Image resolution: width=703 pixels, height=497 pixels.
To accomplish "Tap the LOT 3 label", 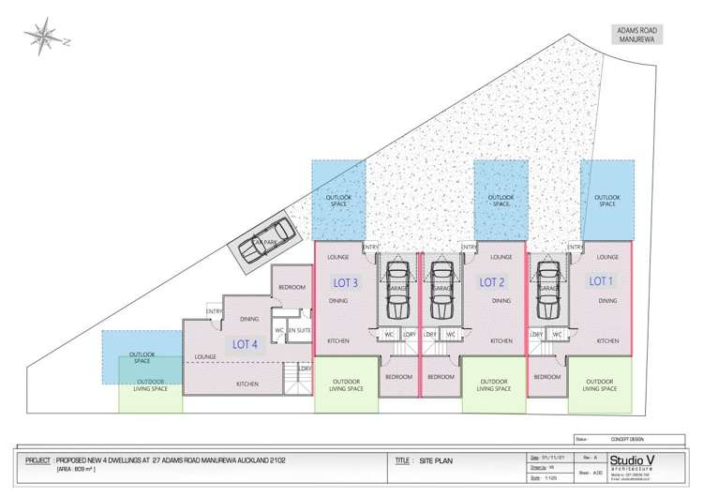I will coord(347,280).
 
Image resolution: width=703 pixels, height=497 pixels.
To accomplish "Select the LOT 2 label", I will coord(493,280).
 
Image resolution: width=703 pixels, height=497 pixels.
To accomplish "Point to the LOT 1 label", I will coord(601,279).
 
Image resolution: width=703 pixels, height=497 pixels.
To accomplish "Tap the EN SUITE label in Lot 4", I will coord(298,330).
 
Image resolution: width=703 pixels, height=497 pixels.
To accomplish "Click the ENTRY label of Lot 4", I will coord(213,311).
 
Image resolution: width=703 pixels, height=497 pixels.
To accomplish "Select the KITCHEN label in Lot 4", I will coord(247,384).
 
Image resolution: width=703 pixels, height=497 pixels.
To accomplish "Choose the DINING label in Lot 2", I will coord(501,301).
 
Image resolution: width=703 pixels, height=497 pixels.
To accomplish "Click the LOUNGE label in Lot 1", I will coord(607,256).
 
